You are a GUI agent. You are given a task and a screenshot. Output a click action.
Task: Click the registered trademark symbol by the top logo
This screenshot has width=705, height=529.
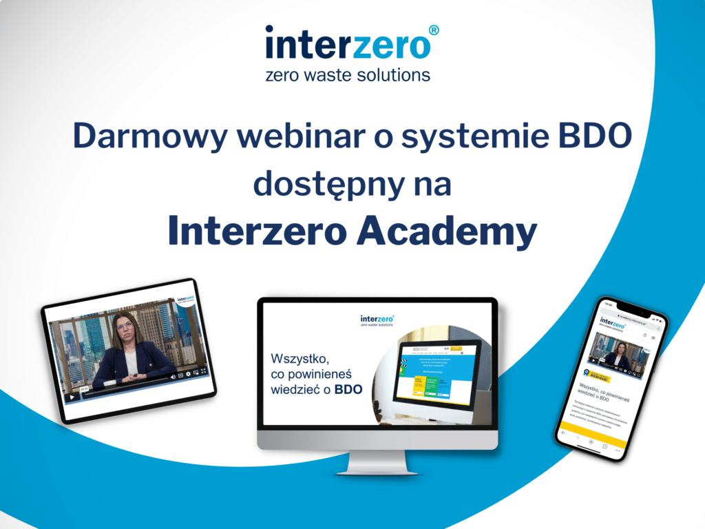434,31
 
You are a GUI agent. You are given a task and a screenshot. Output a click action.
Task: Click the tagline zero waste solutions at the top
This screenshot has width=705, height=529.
348,74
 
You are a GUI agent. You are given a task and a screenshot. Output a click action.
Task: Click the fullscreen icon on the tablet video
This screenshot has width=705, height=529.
204,371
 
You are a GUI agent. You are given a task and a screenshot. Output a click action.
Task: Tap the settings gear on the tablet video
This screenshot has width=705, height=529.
188,374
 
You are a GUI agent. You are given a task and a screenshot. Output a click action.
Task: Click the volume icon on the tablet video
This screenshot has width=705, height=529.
172,377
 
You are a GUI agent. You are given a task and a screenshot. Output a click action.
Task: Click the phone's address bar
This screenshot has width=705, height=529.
630,312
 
